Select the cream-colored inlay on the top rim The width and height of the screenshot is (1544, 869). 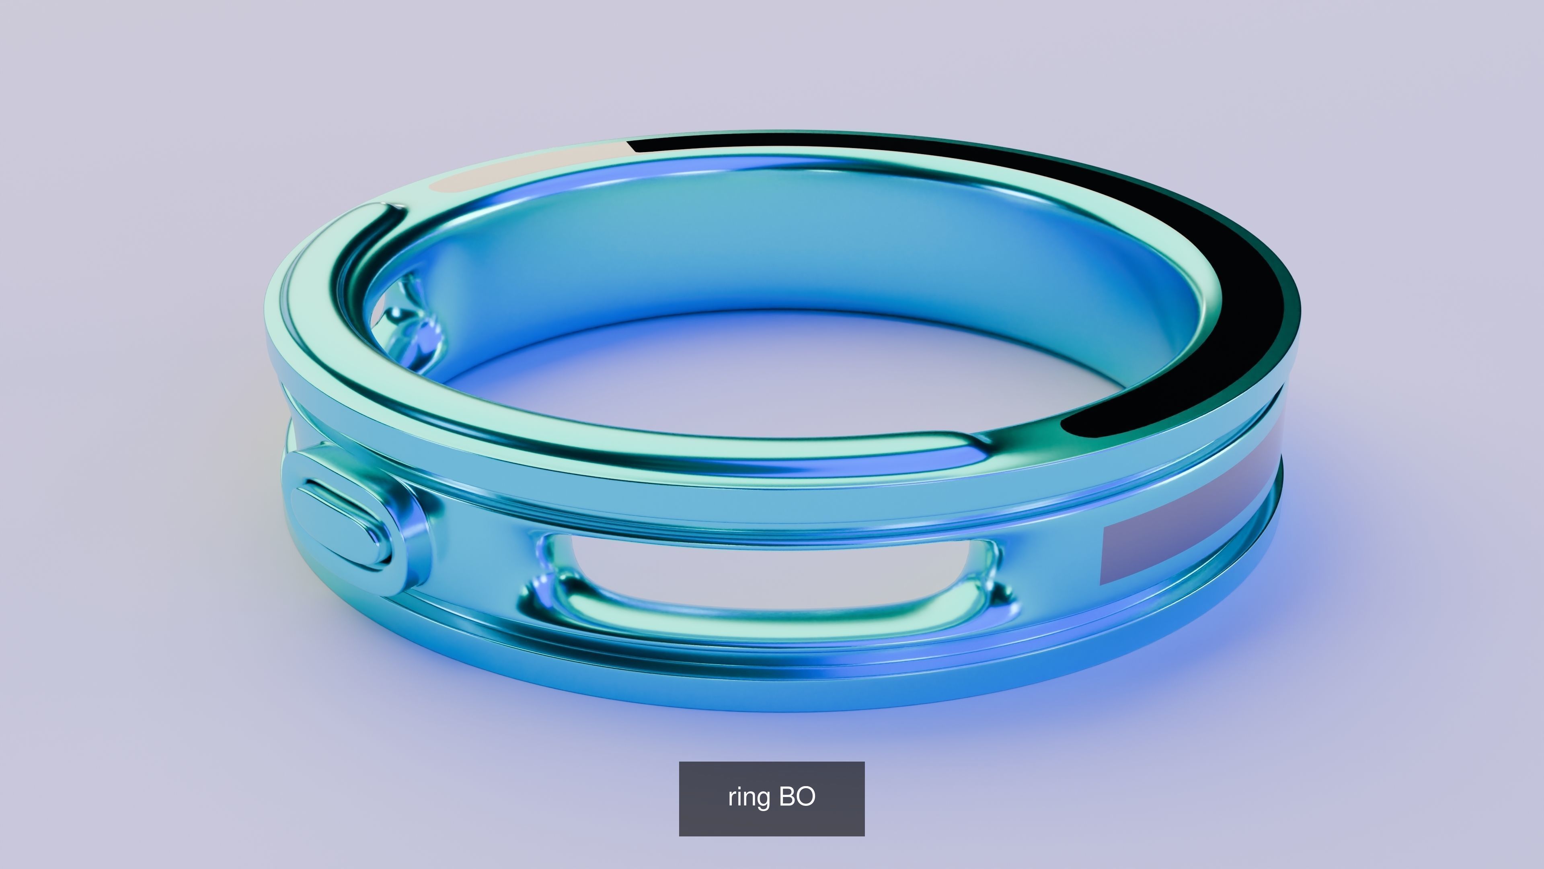pos(528,168)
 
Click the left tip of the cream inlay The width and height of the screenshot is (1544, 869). pos(435,186)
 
